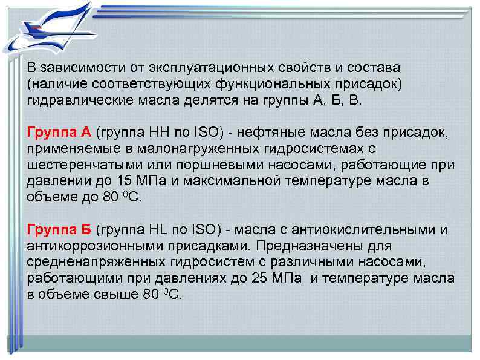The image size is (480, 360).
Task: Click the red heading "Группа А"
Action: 59,133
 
